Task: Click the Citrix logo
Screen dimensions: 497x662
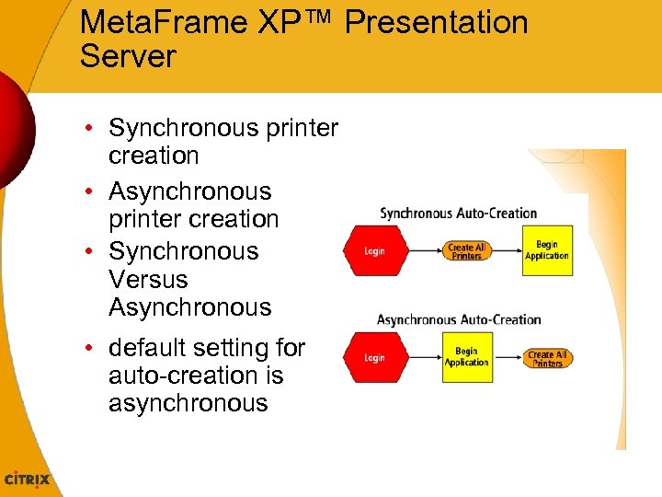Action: tap(28, 480)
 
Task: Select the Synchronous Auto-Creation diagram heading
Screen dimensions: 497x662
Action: tap(458, 214)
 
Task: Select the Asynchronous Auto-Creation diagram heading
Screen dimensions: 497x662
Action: tap(458, 320)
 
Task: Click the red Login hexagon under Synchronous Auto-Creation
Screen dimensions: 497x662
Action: tap(374, 250)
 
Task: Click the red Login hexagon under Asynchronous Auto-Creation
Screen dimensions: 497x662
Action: tap(374, 357)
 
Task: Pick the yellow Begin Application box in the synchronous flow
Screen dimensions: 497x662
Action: tap(547, 250)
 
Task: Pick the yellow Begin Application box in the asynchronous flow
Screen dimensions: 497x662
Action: tap(466, 357)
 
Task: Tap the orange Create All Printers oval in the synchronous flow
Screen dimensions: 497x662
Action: tap(466, 251)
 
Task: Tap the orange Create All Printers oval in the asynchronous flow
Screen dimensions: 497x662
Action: tap(547, 358)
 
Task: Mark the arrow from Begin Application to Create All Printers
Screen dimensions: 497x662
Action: tap(508, 356)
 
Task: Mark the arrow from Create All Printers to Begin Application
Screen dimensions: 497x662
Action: tap(506, 249)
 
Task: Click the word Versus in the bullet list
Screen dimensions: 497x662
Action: tap(148, 279)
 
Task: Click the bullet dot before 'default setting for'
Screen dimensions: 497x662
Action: tap(95, 348)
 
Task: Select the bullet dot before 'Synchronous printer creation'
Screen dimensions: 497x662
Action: tap(95, 128)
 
